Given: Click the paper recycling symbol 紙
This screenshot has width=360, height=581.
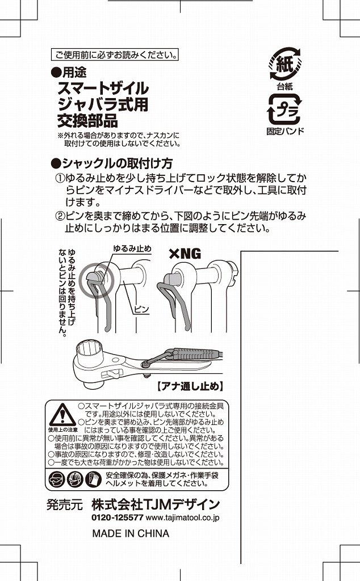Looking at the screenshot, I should coord(284,64).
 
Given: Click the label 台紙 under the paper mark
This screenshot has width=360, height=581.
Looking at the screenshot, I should coord(284,86).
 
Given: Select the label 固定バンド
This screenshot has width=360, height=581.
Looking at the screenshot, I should coord(285,132).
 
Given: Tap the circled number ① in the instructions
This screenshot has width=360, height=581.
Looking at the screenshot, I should coord(59,179).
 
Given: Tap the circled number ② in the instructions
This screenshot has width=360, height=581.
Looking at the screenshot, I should coord(59,216).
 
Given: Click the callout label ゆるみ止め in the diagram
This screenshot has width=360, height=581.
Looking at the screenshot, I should coord(132,249).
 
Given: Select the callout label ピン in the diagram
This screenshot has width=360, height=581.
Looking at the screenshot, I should coord(141,309).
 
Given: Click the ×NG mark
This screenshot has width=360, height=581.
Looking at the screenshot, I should coord(185,254).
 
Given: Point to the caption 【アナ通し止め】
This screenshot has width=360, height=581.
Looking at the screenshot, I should coord(189,387).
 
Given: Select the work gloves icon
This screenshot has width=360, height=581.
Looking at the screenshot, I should coord(92,480).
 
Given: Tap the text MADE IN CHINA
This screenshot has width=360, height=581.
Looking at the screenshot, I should coord(131,533).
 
